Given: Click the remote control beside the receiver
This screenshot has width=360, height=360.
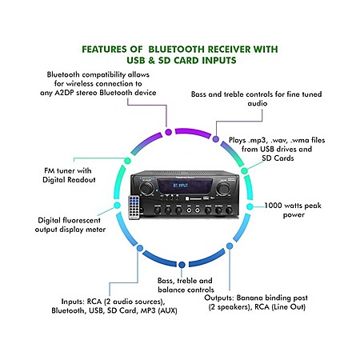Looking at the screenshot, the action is (134, 207).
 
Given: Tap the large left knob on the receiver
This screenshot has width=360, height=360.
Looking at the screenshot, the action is (146, 188).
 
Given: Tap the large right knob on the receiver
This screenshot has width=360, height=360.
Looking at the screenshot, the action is (223, 189).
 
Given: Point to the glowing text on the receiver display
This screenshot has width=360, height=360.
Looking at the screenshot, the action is (181, 185).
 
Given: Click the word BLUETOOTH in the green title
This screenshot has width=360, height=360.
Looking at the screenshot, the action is (177, 50).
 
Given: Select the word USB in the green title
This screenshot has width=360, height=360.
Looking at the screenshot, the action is (136, 60).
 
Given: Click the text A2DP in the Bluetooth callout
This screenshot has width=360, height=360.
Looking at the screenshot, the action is (64, 93).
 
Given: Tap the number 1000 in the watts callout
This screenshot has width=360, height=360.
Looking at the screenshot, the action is (273, 206).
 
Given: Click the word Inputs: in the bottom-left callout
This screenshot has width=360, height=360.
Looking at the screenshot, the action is (73, 302).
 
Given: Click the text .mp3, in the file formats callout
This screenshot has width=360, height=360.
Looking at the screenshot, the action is (258, 140).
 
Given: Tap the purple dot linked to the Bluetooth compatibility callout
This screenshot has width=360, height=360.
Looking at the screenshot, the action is (168, 132).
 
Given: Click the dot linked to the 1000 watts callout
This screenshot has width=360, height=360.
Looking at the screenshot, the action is (250, 206).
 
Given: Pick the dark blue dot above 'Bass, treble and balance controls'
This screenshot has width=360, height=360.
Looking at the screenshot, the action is (182, 265).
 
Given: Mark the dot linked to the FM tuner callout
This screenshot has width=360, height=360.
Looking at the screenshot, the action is (128, 161).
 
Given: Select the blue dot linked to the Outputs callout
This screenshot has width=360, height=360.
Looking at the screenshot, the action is (230, 246).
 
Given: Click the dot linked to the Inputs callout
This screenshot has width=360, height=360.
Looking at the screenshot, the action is (140, 248).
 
